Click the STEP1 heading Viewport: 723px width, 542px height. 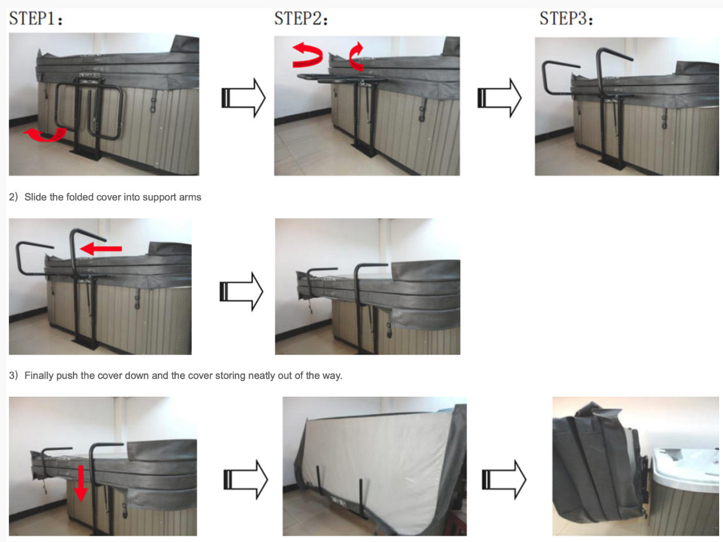pos(36,19)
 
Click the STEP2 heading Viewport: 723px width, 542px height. pos(300,19)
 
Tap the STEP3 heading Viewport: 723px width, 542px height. pos(566,19)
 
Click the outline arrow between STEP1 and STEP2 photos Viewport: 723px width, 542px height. pos(244,98)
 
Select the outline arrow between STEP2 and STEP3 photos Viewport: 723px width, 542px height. pos(499,98)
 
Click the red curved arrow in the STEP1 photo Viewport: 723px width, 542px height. pos(45,135)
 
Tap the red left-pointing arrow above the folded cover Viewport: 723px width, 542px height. pos(101,249)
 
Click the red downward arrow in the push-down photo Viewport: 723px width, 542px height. pos(81,483)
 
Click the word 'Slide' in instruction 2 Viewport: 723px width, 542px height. pos(36,197)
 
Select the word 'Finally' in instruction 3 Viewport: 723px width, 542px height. pos(39,376)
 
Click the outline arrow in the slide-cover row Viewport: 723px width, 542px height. pos(241,291)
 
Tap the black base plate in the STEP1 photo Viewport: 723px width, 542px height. pos(86,154)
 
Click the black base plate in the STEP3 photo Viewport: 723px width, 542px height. pos(612,164)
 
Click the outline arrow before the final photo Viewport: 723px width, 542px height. pos(504,479)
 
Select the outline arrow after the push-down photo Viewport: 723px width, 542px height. pos(245,479)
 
